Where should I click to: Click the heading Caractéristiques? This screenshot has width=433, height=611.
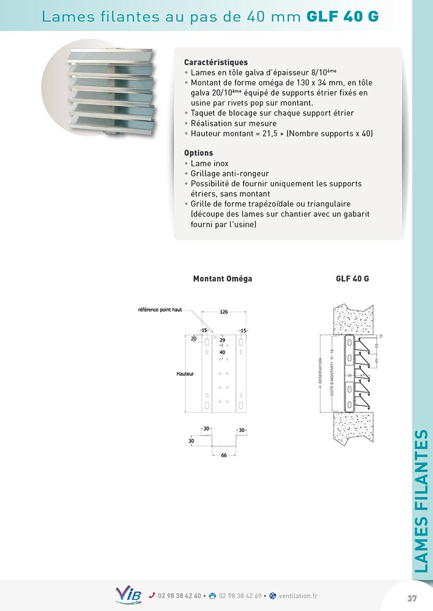pyautogui.click(x=216, y=62)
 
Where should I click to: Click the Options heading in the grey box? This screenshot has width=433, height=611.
pyautogui.click(x=199, y=153)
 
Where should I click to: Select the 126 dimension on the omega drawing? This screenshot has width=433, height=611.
pyautogui.click(x=224, y=312)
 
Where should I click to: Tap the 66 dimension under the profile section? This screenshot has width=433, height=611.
pyautogui.click(x=224, y=455)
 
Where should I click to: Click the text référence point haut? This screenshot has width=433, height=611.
pyautogui.click(x=161, y=310)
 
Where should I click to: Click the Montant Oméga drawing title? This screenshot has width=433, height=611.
pyautogui.click(x=223, y=279)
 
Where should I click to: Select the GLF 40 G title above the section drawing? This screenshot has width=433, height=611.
pyautogui.click(x=352, y=279)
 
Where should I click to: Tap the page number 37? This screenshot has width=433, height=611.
pyautogui.click(x=412, y=598)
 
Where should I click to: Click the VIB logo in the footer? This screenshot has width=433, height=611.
pyautogui.click(x=128, y=595)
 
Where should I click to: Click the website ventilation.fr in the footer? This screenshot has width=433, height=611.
pyautogui.click(x=297, y=596)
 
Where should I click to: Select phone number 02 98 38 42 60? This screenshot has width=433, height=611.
pyautogui.click(x=179, y=596)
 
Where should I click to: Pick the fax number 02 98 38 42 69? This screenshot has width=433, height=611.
pyautogui.click(x=240, y=596)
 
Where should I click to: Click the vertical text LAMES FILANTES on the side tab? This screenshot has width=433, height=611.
pyautogui.click(x=421, y=501)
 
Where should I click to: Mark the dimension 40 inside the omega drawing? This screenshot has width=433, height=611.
pyautogui.click(x=222, y=352)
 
